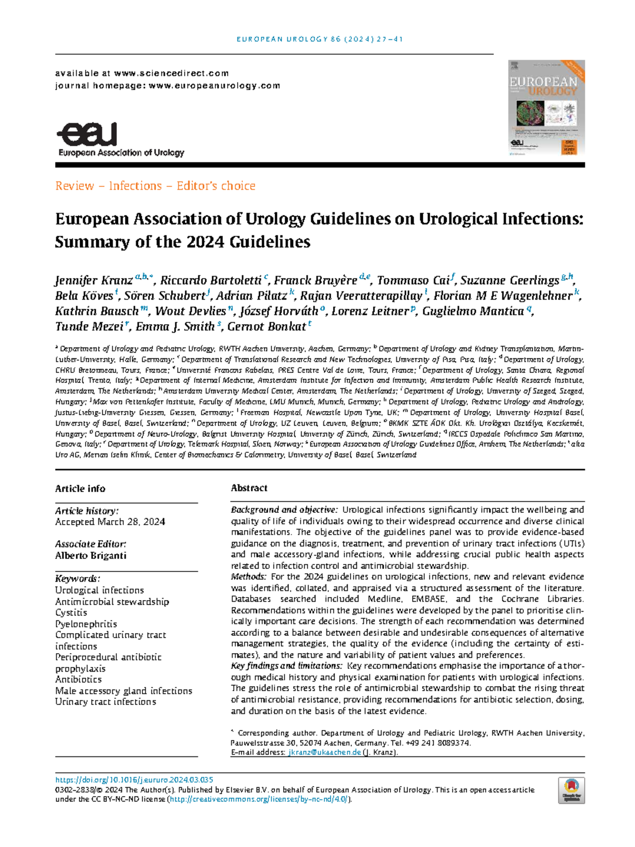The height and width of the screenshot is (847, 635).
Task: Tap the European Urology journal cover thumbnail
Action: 543,108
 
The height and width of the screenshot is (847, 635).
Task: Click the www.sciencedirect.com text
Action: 171,73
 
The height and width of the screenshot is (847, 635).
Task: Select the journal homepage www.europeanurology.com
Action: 214,85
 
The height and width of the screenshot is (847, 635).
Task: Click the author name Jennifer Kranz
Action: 94,280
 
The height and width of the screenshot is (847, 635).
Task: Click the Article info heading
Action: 80,488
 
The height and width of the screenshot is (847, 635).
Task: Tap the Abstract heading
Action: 249,488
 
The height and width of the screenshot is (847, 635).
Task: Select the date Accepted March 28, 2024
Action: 110,522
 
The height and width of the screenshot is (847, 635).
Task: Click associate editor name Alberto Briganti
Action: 90,555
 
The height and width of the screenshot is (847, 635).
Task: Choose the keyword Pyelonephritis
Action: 86,624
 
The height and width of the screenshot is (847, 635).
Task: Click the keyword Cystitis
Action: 71,612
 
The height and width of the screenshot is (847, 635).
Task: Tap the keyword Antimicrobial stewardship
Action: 112,602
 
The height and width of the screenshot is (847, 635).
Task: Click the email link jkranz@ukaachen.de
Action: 324,752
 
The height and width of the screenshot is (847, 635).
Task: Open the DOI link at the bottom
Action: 134,780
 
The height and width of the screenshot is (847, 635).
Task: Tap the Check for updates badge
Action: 571,790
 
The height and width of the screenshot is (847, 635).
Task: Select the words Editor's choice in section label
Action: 216,186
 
